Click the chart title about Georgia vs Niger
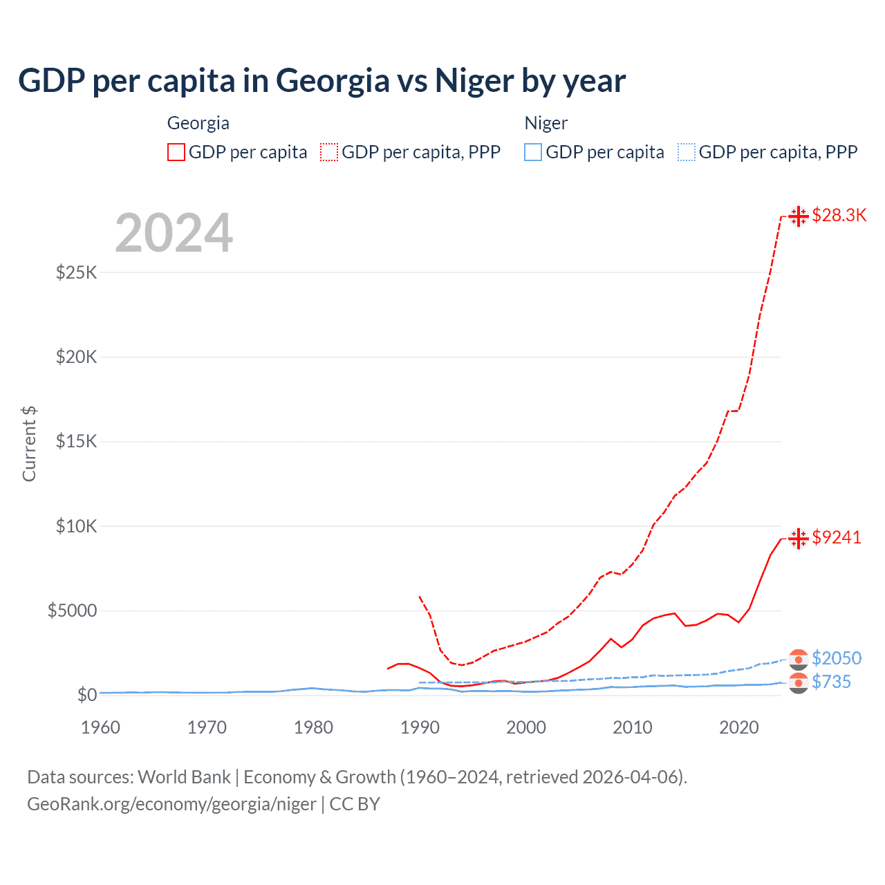click(322, 81)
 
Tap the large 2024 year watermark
click(174, 233)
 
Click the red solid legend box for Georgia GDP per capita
click(176, 152)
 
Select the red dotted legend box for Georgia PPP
click(329, 152)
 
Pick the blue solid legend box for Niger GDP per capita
click(533, 152)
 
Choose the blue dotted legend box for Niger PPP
click(687, 152)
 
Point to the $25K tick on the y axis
click(77, 272)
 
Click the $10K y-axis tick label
click(77, 526)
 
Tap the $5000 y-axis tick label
click(73, 611)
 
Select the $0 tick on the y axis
click(86, 695)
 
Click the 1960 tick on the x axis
click(101, 727)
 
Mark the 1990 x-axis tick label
click(420, 727)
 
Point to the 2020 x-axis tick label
click(739, 727)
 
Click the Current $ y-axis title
click(29, 444)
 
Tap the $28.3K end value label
click(839, 216)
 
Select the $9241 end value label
click(837, 538)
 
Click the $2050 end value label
click(837, 658)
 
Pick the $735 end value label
click(831, 682)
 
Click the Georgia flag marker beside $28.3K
click(799, 216)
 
